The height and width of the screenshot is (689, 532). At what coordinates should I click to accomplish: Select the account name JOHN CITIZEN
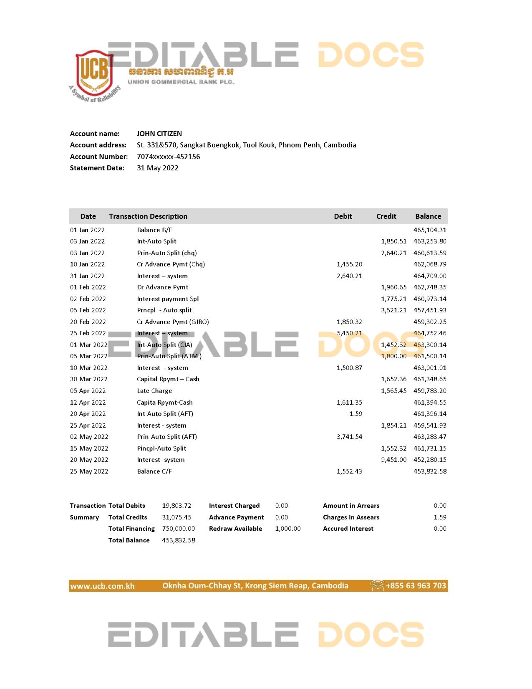tap(159, 134)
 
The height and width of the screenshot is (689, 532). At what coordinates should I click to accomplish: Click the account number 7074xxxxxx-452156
tap(168, 157)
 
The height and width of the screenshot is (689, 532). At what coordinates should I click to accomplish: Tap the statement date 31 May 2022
tap(157, 168)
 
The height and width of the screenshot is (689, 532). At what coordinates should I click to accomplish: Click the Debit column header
tap(343, 216)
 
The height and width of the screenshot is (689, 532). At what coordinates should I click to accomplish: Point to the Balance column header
tap(428, 216)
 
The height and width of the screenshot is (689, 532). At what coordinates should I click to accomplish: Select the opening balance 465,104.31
tap(430, 230)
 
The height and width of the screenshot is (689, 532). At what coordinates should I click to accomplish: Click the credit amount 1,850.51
tap(393, 241)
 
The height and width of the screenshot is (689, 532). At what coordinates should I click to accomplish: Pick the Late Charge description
tap(154, 391)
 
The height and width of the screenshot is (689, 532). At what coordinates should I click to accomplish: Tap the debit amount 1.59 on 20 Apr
tap(356, 414)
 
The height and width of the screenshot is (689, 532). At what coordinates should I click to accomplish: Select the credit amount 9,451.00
tap(393, 460)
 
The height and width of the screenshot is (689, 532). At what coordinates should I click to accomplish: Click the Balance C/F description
tap(154, 471)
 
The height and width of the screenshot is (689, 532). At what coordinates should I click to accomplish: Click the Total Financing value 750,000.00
tap(178, 529)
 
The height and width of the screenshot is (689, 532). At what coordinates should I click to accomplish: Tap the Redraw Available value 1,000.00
tap(288, 529)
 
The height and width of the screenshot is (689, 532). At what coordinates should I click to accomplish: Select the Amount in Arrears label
tap(351, 506)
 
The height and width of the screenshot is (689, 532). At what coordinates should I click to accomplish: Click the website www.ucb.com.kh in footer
tap(102, 586)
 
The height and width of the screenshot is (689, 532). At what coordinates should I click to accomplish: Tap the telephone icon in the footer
tap(377, 585)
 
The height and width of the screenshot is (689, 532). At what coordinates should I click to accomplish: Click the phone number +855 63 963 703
tap(416, 585)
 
